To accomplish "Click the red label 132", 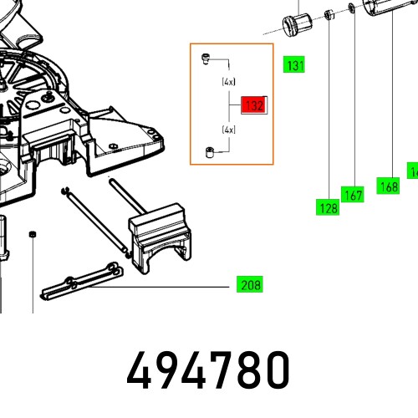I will point(252,105).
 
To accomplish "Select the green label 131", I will point(294,65).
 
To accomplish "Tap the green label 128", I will point(328,208).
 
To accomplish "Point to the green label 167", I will point(354,195).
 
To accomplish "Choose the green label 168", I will point(388,187).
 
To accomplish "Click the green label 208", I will point(249,285).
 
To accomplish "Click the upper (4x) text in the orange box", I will point(228,83).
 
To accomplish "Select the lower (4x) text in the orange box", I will point(228,130).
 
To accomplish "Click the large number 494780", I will point(208,369).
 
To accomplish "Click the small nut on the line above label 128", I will point(330,14).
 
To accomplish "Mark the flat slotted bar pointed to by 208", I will point(84,283).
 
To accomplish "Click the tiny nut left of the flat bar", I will point(33,233).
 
